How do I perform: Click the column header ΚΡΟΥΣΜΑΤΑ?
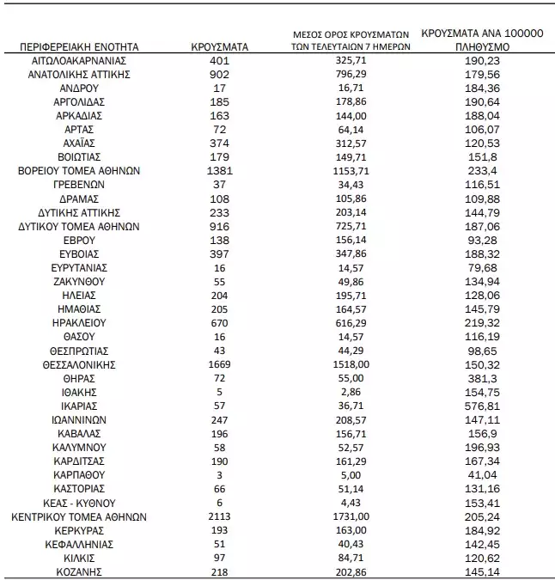219,46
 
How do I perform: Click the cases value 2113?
219,516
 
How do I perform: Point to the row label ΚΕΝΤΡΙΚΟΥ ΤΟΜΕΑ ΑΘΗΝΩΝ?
78,516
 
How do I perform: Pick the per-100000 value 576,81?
479,405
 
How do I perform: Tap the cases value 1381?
219,170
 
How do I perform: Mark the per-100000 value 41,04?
479,474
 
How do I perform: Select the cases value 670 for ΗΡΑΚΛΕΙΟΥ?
219,322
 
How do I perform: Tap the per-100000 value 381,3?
479,377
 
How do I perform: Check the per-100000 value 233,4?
479,170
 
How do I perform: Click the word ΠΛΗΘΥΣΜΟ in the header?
479,46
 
